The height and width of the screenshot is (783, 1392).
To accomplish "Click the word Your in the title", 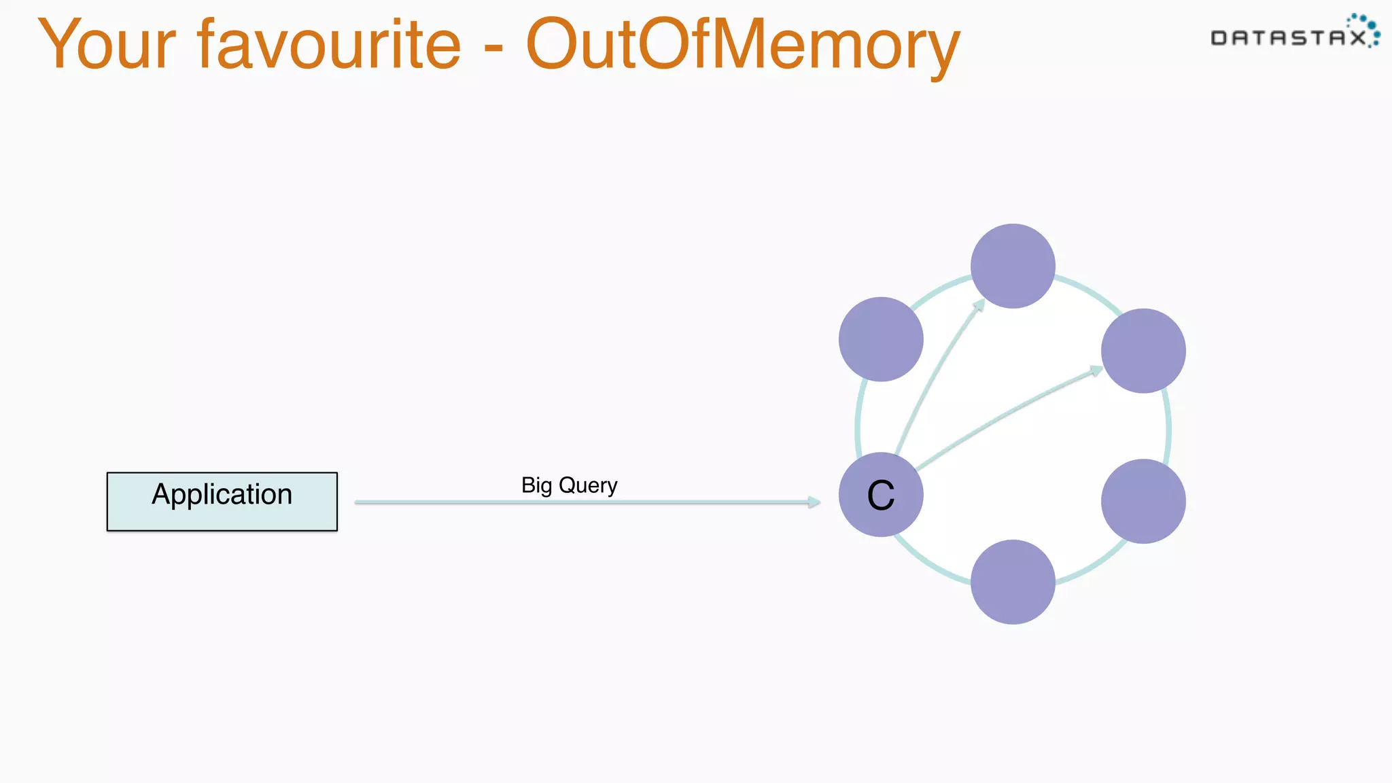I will pos(107,45).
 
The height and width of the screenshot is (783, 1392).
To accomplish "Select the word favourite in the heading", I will pos(330,45).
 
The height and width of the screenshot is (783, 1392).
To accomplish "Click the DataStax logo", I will pos(1294,33).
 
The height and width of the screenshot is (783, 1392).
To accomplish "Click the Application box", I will pos(222,502).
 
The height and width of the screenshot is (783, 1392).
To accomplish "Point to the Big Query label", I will pos(570,485).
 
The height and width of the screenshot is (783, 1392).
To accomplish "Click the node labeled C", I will pos(881,495).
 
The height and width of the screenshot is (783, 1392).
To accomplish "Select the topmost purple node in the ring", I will pos(1013,266).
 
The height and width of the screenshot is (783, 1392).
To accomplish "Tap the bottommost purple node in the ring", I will pos(1013,582).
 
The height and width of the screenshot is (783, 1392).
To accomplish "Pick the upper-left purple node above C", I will pos(881,339).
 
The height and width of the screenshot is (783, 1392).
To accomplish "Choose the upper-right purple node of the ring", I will pos(1143,351).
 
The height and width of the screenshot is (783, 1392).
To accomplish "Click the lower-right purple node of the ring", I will pos(1143,502).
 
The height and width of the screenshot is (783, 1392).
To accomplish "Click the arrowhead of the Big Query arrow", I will pos(814,502).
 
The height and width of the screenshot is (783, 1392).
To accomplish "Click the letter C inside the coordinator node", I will pos(881,495).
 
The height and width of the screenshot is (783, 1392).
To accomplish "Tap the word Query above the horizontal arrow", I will pos(588,485).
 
